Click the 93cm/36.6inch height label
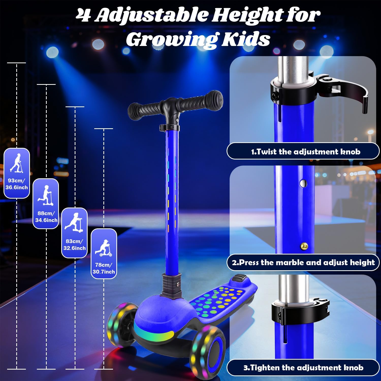point(17,184)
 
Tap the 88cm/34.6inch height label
point(46,217)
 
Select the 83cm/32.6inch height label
point(74,245)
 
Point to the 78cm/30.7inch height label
point(104,268)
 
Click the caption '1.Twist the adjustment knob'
point(305,152)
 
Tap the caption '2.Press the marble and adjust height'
point(303,262)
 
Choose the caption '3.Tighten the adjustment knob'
point(303,367)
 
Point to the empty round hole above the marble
point(303,183)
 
